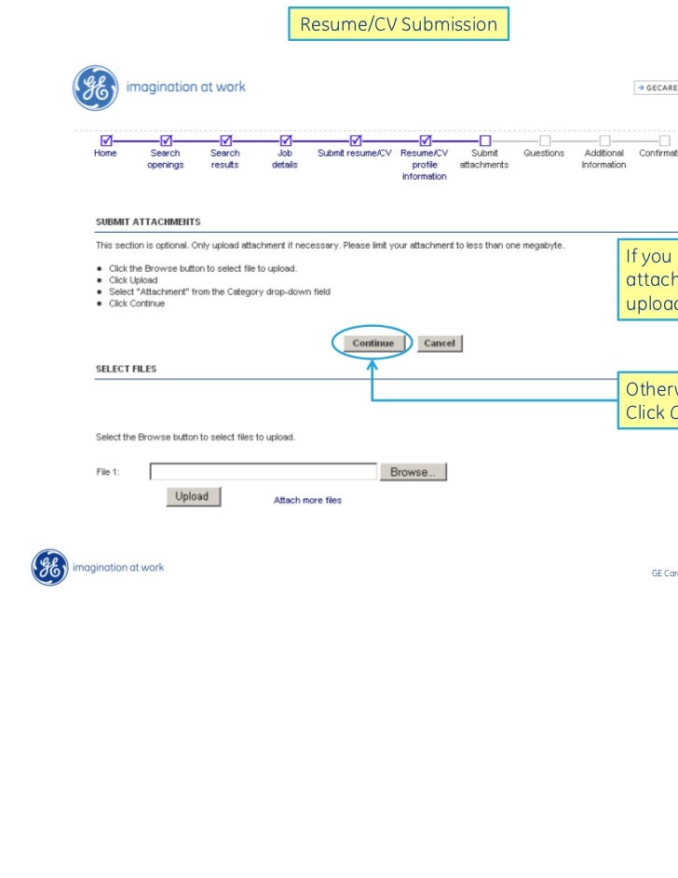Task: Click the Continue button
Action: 373,344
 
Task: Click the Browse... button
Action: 413,472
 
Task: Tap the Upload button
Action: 193,496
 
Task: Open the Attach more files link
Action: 307,500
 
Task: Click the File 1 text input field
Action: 264,472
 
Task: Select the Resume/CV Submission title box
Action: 399,25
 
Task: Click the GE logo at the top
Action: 96,88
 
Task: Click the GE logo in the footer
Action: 50,567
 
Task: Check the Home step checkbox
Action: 105,141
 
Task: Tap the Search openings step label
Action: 165,159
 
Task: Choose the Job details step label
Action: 285,159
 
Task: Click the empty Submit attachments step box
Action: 484,141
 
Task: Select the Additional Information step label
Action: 603,159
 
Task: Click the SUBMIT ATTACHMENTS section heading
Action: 148,222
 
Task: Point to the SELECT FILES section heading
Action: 126,369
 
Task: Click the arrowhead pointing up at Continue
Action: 372,365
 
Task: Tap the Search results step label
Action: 224,159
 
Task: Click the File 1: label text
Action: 108,472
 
